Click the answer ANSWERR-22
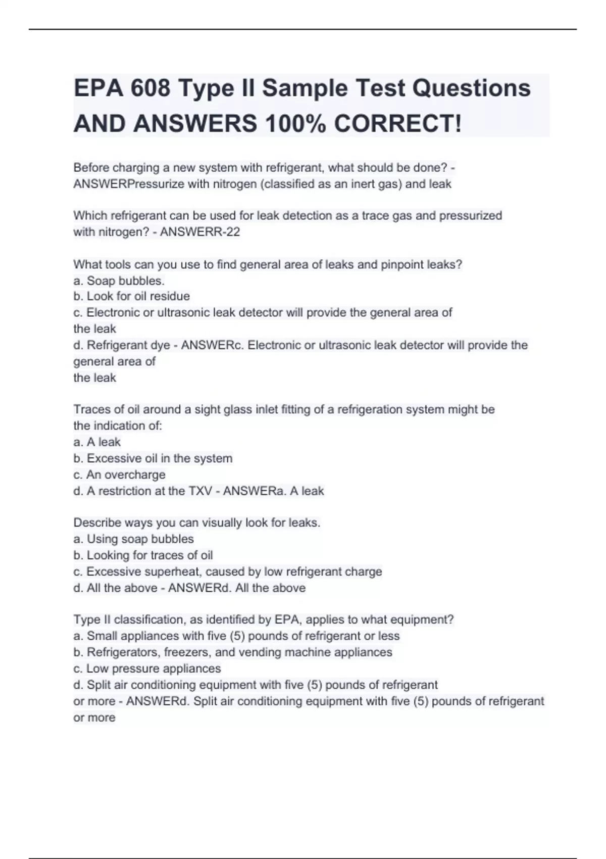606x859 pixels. pyautogui.click(x=199, y=232)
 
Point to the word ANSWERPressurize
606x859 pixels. pyautogui.click(x=129, y=184)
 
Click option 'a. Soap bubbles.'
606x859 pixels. pyautogui.click(x=119, y=280)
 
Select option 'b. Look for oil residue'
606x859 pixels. pyautogui.click(x=132, y=296)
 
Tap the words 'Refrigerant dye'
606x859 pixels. pyautogui.click(x=128, y=345)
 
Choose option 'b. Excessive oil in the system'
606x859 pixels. pyautogui.click(x=153, y=458)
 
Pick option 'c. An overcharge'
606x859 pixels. pyautogui.click(x=120, y=474)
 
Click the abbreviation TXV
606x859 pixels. pyautogui.click(x=199, y=491)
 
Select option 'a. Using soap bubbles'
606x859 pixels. pyautogui.click(x=134, y=539)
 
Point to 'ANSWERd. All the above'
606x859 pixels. pyautogui.click(x=237, y=588)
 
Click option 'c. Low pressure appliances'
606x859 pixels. pyautogui.click(x=147, y=669)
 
